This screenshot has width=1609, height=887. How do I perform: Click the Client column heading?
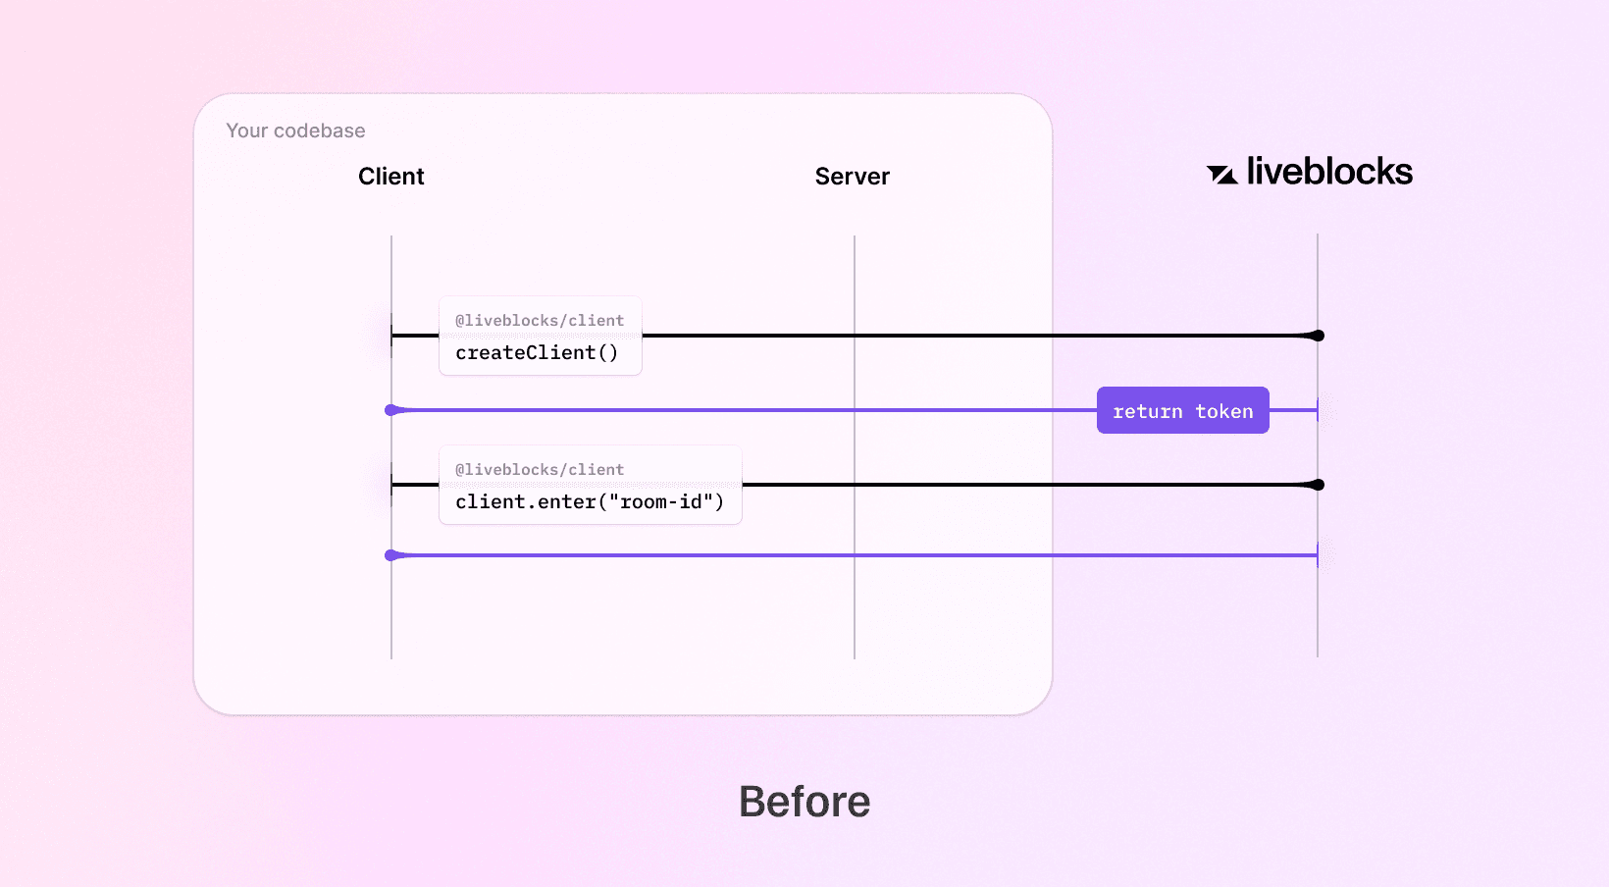point(390,177)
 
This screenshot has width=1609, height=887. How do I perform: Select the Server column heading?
point(852,177)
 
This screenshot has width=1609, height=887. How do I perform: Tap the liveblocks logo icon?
point(1221,175)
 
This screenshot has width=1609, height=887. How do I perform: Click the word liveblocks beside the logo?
point(1329,172)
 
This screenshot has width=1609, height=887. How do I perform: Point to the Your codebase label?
point(295,130)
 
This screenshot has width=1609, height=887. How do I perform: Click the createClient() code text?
point(537,353)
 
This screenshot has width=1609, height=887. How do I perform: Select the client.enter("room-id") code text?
point(590,502)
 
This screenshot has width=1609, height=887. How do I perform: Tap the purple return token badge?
point(1182,411)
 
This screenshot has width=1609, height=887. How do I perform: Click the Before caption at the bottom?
point(804,802)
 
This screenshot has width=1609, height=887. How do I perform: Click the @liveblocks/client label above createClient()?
point(540,321)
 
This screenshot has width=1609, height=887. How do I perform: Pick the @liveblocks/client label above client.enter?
point(540,470)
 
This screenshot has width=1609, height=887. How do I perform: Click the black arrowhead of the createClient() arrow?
point(1317,336)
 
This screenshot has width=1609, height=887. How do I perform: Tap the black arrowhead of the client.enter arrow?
point(1317,485)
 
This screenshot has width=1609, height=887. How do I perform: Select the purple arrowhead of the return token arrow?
point(392,410)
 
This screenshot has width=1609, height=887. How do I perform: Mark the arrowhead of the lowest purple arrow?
point(392,555)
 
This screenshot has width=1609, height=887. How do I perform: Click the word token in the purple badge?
point(1223,412)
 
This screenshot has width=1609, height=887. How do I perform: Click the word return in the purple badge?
point(1147,412)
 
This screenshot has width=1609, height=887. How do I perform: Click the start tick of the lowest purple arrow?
point(1318,555)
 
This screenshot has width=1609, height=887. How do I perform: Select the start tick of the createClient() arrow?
point(391,336)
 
